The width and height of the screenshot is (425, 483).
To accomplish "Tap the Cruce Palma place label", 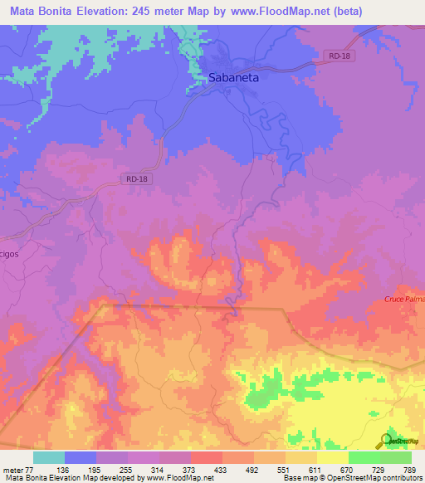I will pos(404,300).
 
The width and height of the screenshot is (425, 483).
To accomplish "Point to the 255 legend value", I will pos(145,470).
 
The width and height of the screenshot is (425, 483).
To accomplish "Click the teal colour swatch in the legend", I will pos(49,457).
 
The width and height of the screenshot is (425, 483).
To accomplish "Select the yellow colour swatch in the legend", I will pos(332,457).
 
